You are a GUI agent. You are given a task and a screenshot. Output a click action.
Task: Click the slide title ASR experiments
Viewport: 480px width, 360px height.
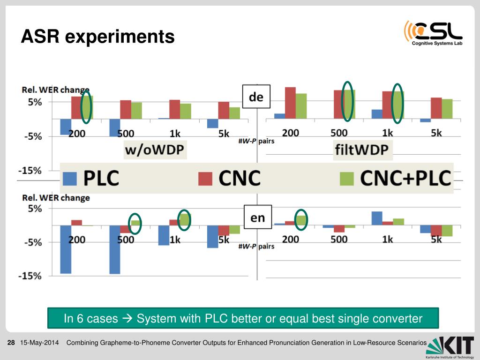click(x=97, y=36)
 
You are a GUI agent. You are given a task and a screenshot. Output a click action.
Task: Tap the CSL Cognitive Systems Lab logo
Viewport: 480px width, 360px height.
click(x=433, y=33)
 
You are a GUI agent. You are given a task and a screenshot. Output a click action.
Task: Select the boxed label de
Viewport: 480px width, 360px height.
click(x=256, y=97)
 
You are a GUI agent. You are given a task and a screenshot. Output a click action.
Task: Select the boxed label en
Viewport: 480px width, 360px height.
click(x=257, y=217)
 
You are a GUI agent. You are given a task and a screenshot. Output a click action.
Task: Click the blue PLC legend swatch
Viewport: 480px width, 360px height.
click(x=69, y=179)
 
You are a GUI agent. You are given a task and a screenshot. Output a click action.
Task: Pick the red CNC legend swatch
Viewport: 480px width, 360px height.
click(x=205, y=179)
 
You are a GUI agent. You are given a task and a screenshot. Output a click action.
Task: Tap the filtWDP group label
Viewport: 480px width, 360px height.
click(x=363, y=150)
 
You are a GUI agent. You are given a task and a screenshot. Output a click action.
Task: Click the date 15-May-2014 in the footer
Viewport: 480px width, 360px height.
click(x=39, y=343)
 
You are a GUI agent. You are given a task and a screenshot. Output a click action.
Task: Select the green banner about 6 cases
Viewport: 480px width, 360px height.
click(x=243, y=319)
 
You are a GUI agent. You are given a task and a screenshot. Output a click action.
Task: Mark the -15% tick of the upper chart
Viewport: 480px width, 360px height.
click(x=30, y=171)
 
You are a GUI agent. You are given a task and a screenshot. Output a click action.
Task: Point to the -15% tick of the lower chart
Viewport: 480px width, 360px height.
click(x=30, y=276)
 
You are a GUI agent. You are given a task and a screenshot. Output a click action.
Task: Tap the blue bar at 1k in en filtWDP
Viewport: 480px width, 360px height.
click(x=376, y=218)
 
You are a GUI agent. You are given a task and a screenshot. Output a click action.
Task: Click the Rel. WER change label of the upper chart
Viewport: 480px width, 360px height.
click(x=55, y=90)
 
